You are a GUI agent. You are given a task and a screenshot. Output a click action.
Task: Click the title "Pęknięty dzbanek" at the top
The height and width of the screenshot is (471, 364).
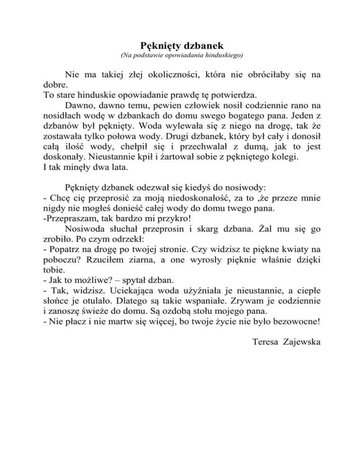pyautogui.click(x=182, y=46)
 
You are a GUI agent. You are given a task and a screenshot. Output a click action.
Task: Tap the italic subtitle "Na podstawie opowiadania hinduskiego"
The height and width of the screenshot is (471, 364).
pyautogui.click(x=182, y=56)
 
